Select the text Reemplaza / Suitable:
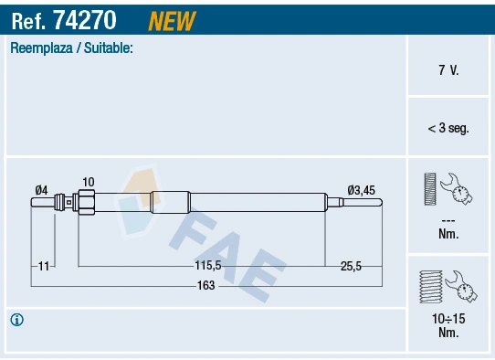(71, 48)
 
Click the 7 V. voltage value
(448, 69)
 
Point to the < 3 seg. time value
(448, 129)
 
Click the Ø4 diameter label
(41, 189)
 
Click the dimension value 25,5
(351, 265)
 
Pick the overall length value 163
(206, 286)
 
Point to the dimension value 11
(44, 265)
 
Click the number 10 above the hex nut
(88, 182)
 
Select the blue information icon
(16, 320)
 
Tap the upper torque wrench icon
(448, 190)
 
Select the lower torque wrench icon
(448, 285)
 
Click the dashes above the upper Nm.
(448, 220)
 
